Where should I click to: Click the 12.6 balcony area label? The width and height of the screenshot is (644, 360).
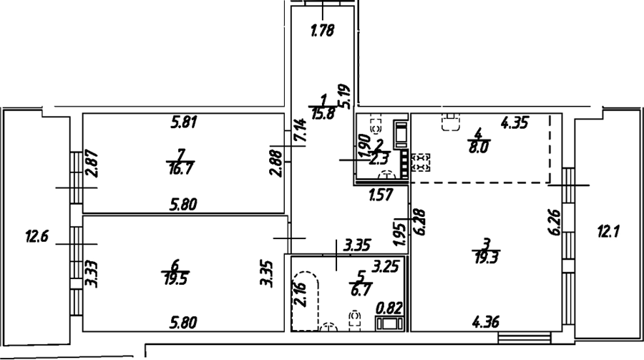[x=37, y=237]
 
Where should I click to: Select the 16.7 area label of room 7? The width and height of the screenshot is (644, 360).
[x=181, y=168]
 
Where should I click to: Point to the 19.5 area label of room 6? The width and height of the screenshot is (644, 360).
[x=175, y=279]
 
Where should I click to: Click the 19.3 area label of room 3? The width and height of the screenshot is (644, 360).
[x=487, y=258]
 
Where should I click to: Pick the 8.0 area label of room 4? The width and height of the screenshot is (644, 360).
[x=479, y=147]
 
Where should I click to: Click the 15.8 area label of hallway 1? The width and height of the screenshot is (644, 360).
[x=323, y=113]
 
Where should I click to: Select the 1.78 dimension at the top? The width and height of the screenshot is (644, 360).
[x=323, y=30]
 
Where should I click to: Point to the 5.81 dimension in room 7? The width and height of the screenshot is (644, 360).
[x=185, y=122]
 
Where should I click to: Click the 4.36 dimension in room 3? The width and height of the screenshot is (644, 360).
[x=486, y=322]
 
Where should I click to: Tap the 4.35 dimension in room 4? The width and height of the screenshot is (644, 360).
[x=514, y=122]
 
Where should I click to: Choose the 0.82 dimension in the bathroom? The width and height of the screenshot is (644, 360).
[x=389, y=308]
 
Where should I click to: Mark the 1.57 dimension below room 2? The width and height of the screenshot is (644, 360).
[x=381, y=195]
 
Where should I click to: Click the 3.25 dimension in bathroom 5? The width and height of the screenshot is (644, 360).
[x=385, y=267]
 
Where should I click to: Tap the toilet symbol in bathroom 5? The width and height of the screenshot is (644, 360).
[x=355, y=321]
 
